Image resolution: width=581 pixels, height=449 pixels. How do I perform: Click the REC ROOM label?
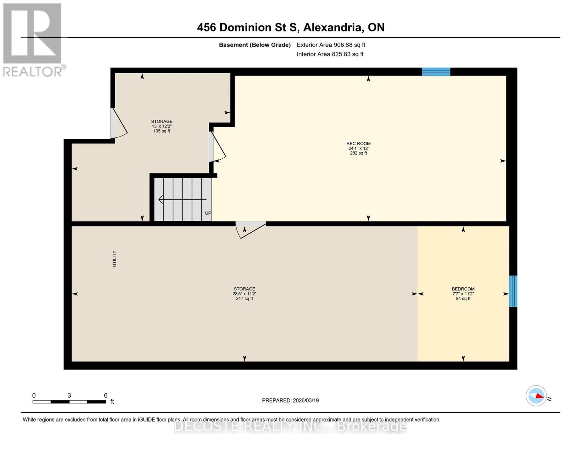pyautogui.click(x=358, y=144)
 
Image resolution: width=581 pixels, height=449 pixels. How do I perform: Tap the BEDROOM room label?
pyautogui.click(x=463, y=289)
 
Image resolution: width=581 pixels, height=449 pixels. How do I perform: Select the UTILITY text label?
pyautogui.click(x=114, y=259)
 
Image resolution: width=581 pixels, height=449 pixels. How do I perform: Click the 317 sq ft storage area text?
pyautogui.click(x=244, y=299)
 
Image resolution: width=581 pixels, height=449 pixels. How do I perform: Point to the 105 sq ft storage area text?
pyautogui.click(x=162, y=131)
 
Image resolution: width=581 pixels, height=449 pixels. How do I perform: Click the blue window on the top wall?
pyautogui.click(x=436, y=71)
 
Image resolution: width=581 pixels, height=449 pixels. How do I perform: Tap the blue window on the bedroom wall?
pyautogui.click(x=513, y=291)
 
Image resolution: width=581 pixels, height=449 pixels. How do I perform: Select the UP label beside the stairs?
pyautogui.click(x=208, y=213)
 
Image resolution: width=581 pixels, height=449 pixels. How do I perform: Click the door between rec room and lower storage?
pyautogui.click(x=250, y=229)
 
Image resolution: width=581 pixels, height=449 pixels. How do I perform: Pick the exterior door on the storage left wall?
pyautogui.click(x=119, y=123)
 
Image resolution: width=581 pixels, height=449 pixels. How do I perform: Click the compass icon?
pyautogui.click(x=536, y=395)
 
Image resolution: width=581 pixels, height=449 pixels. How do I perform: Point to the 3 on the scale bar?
pyautogui.click(x=69, y=395)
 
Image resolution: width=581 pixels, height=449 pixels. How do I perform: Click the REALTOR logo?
pyautogui.click(x=33, y=39)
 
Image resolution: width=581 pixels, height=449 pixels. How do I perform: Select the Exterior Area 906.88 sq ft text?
pyautogui.click(x=331, y=45)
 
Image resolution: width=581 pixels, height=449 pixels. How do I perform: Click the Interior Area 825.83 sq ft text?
pyautogui.click(x=330, y=54)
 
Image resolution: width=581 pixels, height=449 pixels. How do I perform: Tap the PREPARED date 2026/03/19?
pyautogui.click(x=290, y=400)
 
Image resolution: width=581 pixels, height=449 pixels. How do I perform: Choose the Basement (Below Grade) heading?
pyautogui.click(x=254, y=45)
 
